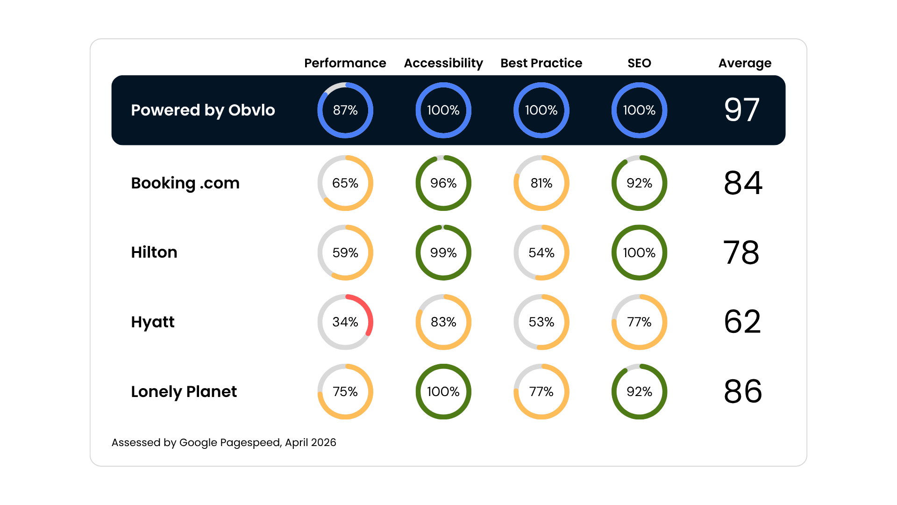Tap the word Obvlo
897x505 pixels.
point(251,110)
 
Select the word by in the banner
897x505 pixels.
point(214,111)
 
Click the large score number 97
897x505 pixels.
point(741,110)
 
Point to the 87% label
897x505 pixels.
point(345,110)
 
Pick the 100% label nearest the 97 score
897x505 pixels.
point(639,110)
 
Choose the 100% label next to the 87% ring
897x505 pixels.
point(443,110)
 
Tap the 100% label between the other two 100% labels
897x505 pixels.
point(541,110)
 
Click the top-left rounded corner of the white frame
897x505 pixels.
point(93,42)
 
